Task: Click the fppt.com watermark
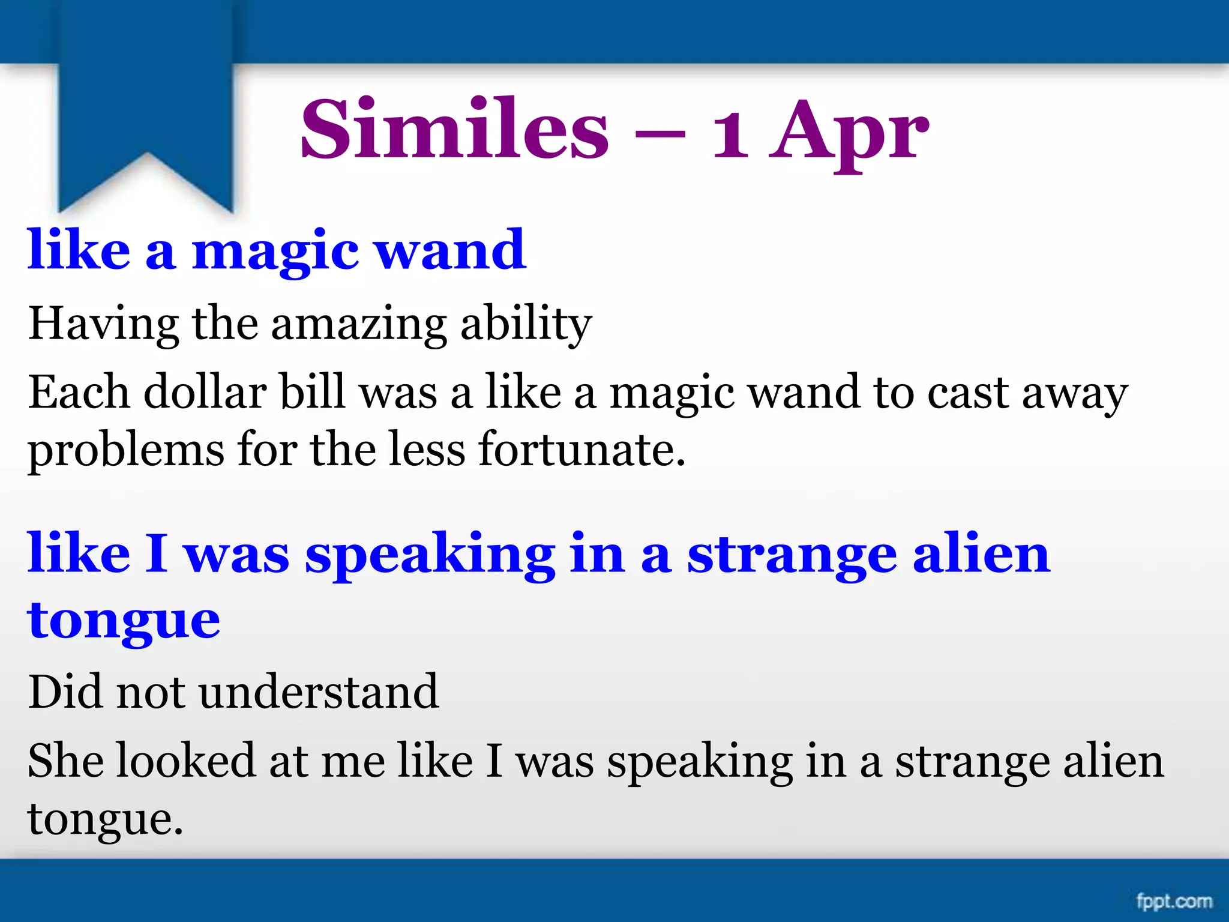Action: (1174, 901)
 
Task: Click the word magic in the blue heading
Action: (275, 252)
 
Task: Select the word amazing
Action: (359, 325)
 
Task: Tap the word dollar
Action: (205, 393)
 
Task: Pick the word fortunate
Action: (581, 449)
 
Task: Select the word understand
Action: (319, 692)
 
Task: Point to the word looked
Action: (185, 761)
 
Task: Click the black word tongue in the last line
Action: (104, 820)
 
